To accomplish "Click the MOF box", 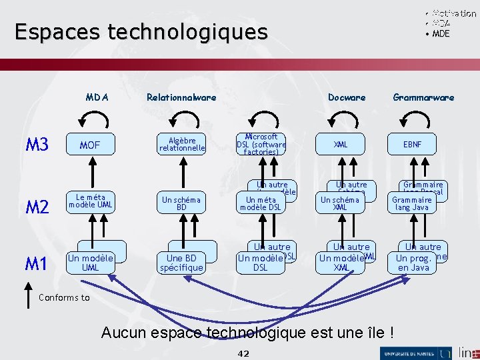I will (x=90, y=145).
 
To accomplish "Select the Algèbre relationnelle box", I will (x=182, y=145).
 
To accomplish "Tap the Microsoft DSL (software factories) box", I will (x=261, y=145).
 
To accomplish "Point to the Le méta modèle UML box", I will (x=90, y=201).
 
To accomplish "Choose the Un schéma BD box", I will (x=181, y=203).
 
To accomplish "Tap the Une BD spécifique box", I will (x=181, y=263).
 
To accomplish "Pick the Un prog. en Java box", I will (x=413, y=263).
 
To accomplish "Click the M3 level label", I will (x=37, y=145).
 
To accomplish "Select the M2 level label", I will (x=37, y=207).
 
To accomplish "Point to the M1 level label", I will (x=37, y=264).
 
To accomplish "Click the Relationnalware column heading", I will (x=181, y=97).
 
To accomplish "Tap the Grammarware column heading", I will (x=423, y=97).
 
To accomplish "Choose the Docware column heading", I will (x=347, y=97).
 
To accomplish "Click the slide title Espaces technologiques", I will (x=141, y=32).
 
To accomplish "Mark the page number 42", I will (x=243, y=353).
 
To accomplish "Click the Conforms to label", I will (x=64, y=297).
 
